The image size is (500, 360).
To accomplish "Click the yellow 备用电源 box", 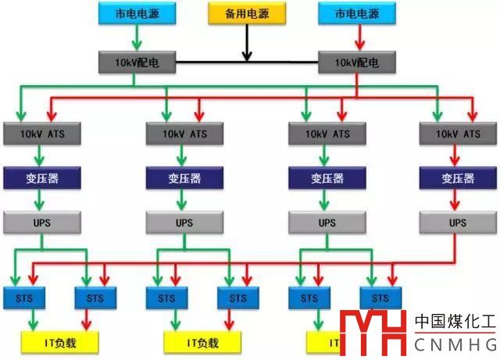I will click(246, 13).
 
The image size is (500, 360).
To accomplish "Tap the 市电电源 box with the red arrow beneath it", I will click(358, 13).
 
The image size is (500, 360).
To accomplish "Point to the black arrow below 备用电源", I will click(247, 43).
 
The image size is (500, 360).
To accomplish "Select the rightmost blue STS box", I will click(380, 298).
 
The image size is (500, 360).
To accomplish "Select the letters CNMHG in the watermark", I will click(455, 344).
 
